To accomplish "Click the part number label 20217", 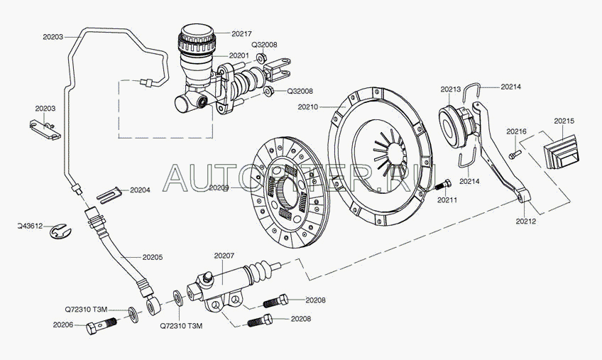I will [x=242, y=33].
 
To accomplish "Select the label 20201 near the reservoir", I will [x=239, y=55].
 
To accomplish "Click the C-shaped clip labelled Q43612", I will [x=62, y=230].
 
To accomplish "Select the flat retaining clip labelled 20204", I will [x=105, y=192].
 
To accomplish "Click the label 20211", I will [x=447, y=200].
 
